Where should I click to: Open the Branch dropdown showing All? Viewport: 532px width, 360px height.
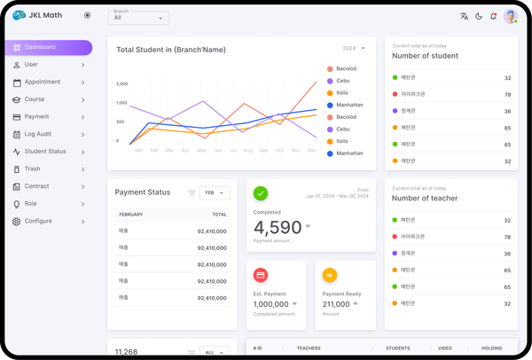tap(139, 18)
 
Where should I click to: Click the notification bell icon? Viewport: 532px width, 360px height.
tap(493, 16)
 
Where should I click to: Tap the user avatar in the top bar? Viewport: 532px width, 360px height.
tap(511, 16)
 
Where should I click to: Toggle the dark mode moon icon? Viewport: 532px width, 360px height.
tap(479, 16)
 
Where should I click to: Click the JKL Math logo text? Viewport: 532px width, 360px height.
tap(45, 15)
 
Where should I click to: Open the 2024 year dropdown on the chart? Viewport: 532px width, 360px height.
tap(353, 48)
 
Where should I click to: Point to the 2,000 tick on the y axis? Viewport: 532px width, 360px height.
tap(122, 83)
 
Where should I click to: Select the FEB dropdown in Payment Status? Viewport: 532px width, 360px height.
tap(215, 192)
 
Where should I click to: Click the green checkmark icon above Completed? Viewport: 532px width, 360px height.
tap(261, 192)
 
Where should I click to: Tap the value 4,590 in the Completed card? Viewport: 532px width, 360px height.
tap(278, 228)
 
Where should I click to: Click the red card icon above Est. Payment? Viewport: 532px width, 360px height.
tap(261, 275)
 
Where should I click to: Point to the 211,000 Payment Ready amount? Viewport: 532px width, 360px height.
tap(336, 303)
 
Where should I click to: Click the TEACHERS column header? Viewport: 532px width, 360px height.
tap(309, 348)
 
